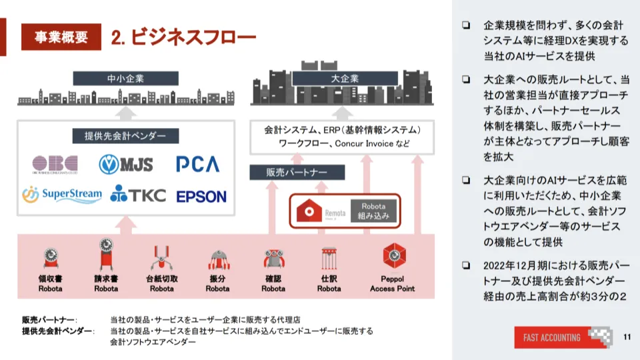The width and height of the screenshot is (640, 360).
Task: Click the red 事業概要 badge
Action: [x=61, y=37]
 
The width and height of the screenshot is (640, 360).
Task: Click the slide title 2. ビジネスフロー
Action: [x=183, y=37]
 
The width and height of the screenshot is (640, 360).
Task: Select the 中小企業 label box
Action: [x=125, y=78]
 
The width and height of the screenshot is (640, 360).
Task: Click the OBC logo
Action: [x=55, y=164]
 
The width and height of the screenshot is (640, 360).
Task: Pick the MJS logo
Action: [x=127, y=163]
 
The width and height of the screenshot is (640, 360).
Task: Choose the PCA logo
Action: [x=198, y=163]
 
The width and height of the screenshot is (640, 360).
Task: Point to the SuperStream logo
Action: [x=62, y=195]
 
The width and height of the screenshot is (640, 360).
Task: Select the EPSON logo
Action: [x=201, y=197]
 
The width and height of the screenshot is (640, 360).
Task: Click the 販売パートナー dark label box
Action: [x=296, y=172]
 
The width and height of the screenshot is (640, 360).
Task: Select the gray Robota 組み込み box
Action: [x=373, y=211]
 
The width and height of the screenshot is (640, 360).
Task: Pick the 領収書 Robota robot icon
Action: [x=51, y=259]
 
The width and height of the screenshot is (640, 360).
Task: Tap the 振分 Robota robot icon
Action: [x=217, y=259]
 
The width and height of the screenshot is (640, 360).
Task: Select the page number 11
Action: [x=626, y=337]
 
